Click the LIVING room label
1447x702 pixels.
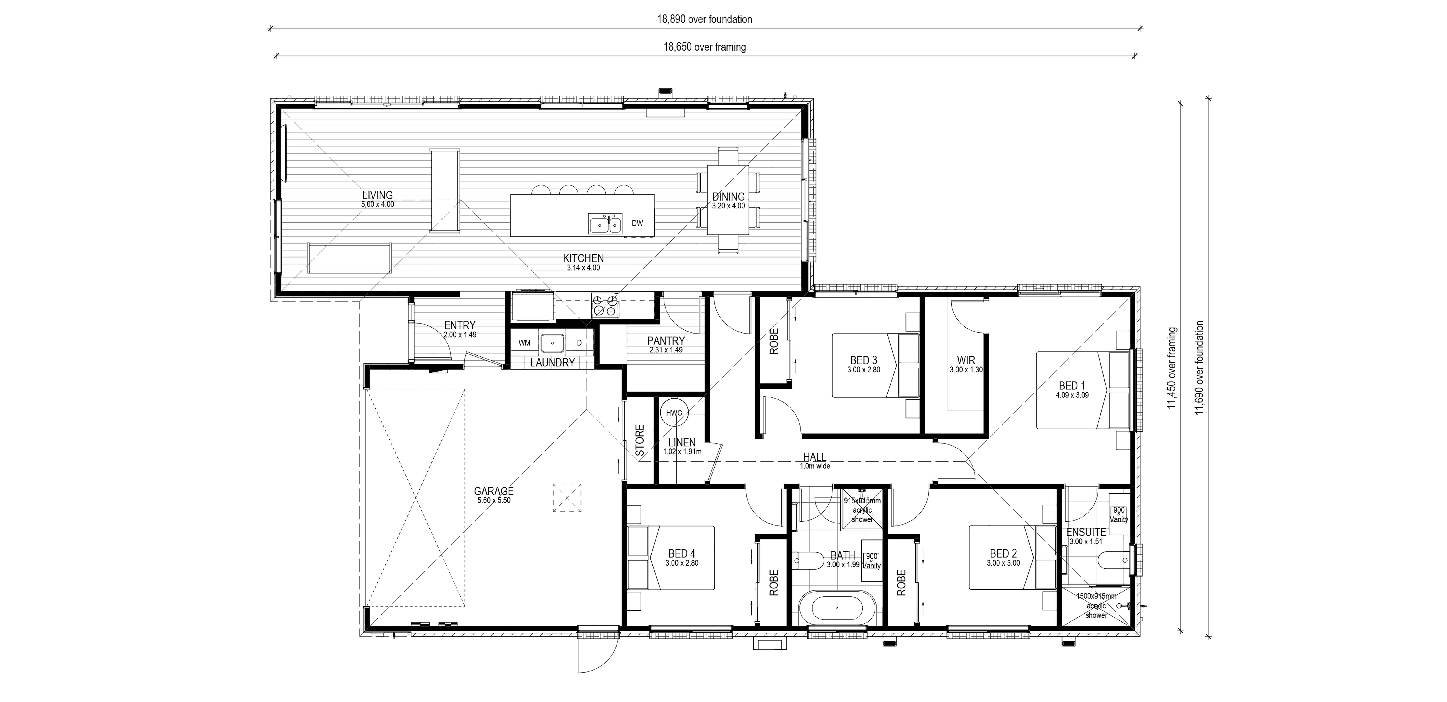[x=378, y=195]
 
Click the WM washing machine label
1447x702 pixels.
[x=524, y=343]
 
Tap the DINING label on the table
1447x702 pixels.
[x=729, y=197]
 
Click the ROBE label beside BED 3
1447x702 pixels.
[x=774, y=341]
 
